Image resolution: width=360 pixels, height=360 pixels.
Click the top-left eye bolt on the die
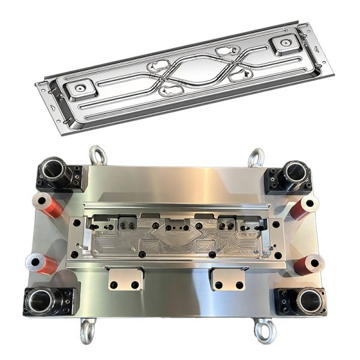click(x=98, y=155)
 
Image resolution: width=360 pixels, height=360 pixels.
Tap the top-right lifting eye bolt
click(x=256, y=158)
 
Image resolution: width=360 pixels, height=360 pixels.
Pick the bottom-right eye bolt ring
click(x=263, y=331)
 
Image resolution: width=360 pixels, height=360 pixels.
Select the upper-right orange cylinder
click(x=305, y=207)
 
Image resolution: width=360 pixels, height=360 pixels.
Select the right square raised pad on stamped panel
click(x=282, y=43)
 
